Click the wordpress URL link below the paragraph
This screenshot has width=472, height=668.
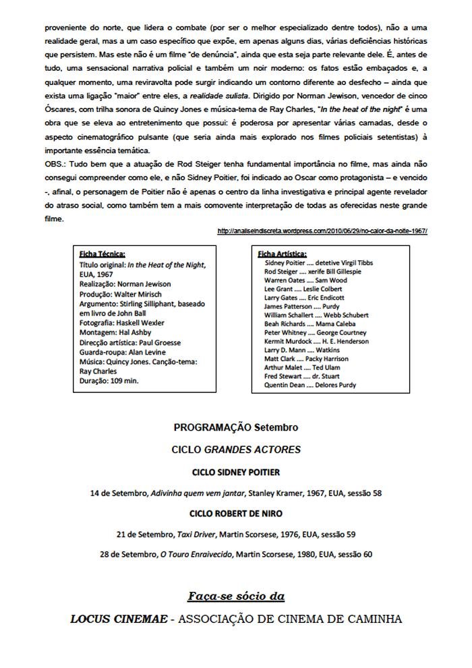click(x=323, y=231)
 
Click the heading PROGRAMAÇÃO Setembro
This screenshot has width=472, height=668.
click(x=235, y=427)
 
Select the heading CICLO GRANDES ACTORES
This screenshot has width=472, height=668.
click(x=236, y=449)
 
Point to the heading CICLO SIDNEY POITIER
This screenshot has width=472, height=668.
click(x=236, y=472)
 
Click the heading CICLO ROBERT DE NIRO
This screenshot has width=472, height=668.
click(x=236, y=513)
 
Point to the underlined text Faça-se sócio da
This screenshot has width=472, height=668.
click(x=236, y=597)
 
